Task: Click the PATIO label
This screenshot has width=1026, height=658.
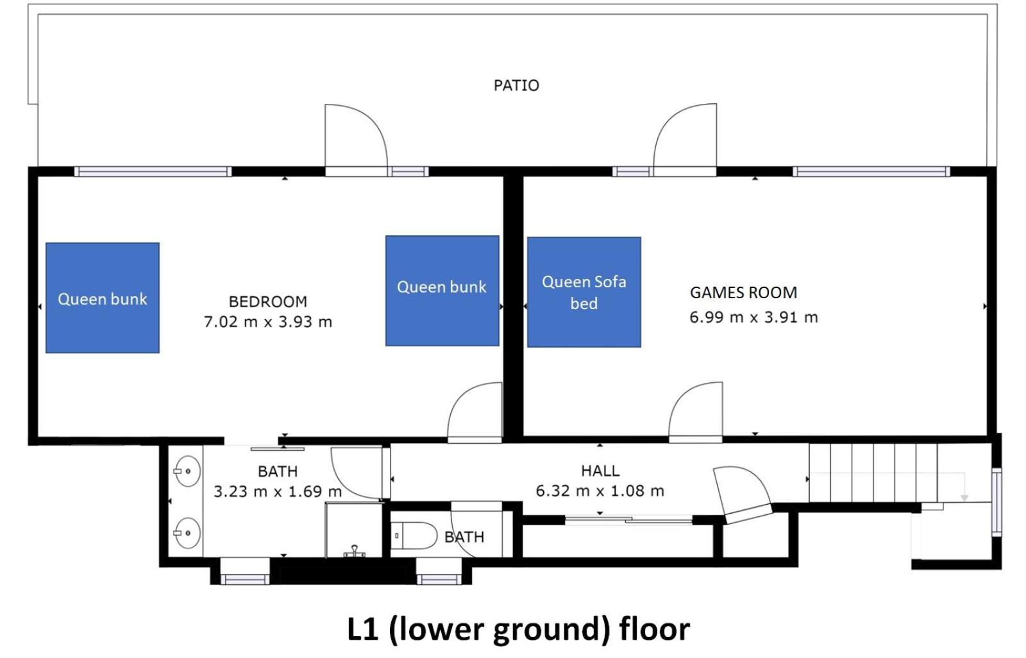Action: pyautogui.click(x=516, y=86)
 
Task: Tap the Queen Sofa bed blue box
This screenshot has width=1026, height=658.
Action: pyautogui.click(x=584, y=292)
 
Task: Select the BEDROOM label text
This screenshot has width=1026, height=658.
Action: pyautogui.click(x=268, y=301)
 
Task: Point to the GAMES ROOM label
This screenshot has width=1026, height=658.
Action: pyautogui.click(x=743, y=292)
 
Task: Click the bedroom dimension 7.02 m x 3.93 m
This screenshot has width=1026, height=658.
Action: pyautogui.click(x=268, y=322)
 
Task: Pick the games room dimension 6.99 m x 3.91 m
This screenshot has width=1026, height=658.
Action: pyautogui.click(x=753, y=317)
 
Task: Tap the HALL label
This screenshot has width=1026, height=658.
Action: pyautogui.click(x=600, y=471)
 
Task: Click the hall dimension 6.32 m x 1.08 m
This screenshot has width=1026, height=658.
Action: pyautogui.click(x=600, y=491)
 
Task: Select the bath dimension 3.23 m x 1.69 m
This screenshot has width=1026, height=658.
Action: pyautogui.click(x=278, y=491)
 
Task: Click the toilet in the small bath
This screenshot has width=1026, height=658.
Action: pyautogui.click(x=414, y=536)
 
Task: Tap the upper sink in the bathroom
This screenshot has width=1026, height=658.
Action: pyautogui.click(x=187, y=471)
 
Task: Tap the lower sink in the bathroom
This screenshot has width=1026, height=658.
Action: pyautogui.click(x=187, y=533)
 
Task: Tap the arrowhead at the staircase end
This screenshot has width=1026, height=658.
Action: pyautogui.click(x=964, y=498)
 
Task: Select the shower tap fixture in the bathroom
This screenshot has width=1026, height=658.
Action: pyautogui.click(x=354, y=552)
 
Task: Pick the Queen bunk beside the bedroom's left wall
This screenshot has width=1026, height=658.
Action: pyautogui.click(x=103, y=298)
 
